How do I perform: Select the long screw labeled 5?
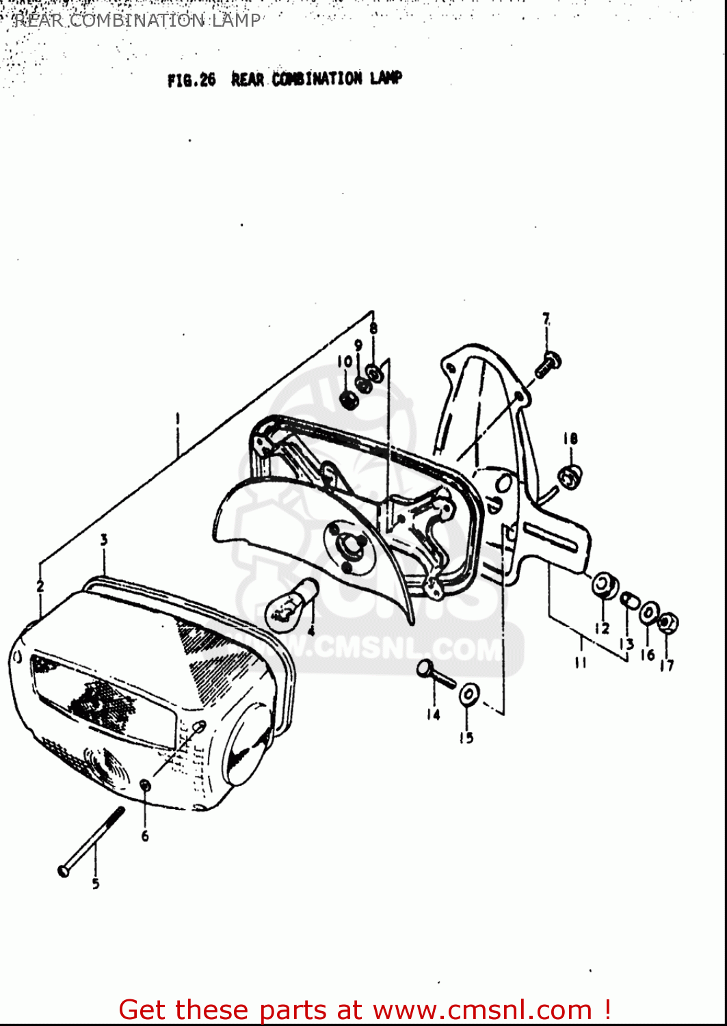coord(92,841)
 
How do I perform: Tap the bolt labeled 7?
coord(548,364)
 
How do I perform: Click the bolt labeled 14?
coord(435,674)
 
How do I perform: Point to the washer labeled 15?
coord(468,694)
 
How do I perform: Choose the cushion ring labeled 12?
coord(605,585)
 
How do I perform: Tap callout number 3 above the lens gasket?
coord(104,540)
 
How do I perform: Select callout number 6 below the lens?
coord(145,836)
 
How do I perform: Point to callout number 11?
coord(581,661)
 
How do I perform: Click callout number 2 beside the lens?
coord(40,586)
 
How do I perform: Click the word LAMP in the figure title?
coord(386,78)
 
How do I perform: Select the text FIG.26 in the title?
coord(191,80)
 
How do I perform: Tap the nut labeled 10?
coord(348,399)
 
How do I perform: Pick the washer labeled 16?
coord(649,614)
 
